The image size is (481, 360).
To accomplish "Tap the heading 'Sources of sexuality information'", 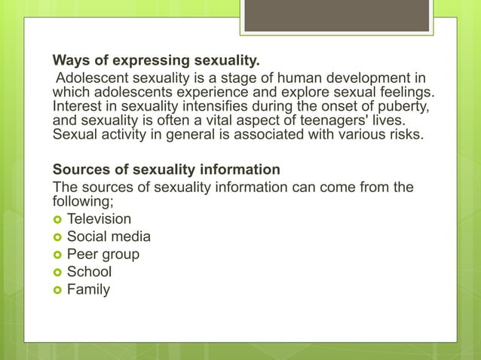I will pyautogui.click(x=166, y=168).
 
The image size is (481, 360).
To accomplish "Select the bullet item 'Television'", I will pyautogui.click(x=99, y=219).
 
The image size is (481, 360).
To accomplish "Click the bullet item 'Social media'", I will pyautogui.click(x=109, y=236).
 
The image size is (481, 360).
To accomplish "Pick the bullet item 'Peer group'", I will pyautogui.click(x=103, y=254).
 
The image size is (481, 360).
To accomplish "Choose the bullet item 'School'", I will pyautogui.click(x=89, y=271).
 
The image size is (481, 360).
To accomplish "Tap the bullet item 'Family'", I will pyautogui.click(x=88, y=288).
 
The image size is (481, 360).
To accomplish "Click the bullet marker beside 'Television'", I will pyautogui.click(x=57, y=220).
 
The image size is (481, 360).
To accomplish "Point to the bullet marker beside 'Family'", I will pyautogui.click(x=57, y=289).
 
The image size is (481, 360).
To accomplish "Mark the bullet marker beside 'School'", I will pyautogui.click(x=57, y=272).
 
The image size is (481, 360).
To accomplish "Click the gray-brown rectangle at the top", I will pyautogui.click(x=337, y=15).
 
